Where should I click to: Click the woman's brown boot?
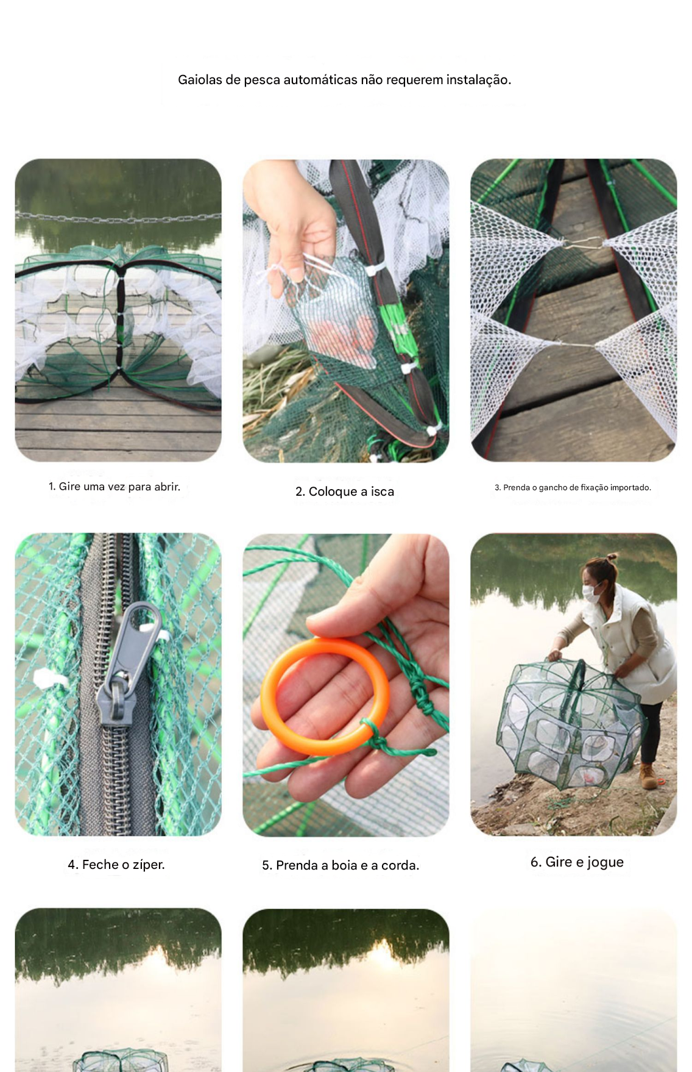click(648, 776)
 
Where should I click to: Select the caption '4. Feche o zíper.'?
click(116, 864)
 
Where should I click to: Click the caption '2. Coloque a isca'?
click(345, 491)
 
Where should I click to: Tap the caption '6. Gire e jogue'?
click(577, 862)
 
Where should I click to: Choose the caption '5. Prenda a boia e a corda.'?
click(341, 865)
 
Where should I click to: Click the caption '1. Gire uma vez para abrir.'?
click(115, 487)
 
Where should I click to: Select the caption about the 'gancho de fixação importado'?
click(573, 487)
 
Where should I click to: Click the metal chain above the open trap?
click(118, 216)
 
